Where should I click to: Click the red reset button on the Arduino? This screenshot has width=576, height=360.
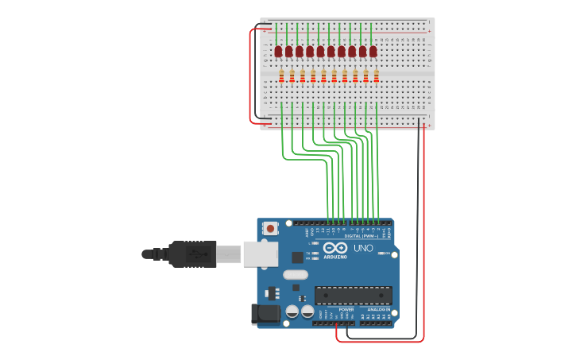pyautogui.click(x=271, y=229)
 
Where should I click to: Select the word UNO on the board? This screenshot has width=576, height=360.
pyautogui.click(x=364, y=249)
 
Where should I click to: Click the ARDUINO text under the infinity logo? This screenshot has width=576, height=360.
pyautogui.click(x=335, y=257)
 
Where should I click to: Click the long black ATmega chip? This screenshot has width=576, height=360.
pyautogui.click(x=353, y=295)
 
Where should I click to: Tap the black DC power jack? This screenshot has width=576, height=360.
pyautogui.click(x=265, y=315)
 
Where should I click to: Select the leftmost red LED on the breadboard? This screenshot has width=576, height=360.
pyautogui.click(x=278, y=52)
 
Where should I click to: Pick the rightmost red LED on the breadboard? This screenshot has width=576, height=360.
pyautogui.click(x=373, y=52)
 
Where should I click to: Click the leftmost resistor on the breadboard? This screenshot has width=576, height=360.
pyautogui.click(x=281, y=76)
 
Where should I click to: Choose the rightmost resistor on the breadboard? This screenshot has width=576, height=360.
pyautogui.click(x=376, y=76)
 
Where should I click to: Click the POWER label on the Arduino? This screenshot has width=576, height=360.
pyautogui.click(x=346, y=309)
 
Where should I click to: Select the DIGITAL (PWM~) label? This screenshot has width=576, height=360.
pyautogui.click(x=360, y=236)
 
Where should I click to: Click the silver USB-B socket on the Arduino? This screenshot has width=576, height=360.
pyautogui.click(x=259, y=254)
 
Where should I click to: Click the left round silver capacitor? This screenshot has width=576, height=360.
pyautogui.click(x=292, y=312)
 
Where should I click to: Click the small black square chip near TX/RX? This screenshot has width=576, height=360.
pyautogui.click(x=297, y=257)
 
